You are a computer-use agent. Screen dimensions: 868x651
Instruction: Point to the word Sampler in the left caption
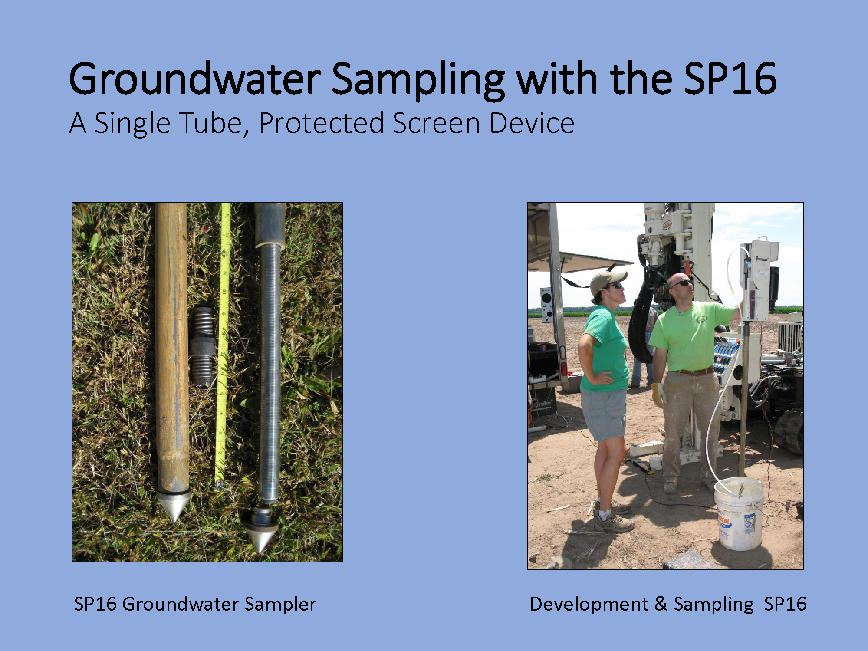pos(280,605)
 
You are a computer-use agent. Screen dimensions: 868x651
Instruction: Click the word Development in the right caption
pos(589,605)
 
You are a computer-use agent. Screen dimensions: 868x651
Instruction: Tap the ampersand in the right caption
pos(661,604)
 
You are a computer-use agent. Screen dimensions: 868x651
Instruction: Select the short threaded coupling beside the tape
pos(202,346)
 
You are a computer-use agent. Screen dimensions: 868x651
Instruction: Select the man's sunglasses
pos(681,283)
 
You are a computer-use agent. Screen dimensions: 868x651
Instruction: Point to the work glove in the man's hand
pos(657,395)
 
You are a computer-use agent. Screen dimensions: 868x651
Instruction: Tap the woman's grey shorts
pos(604,413)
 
